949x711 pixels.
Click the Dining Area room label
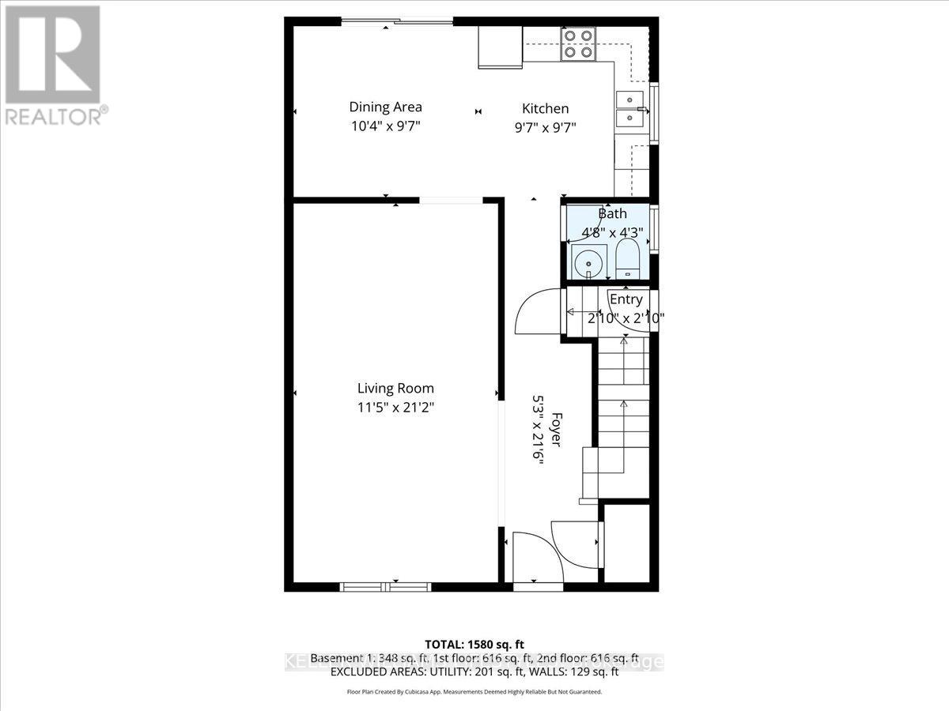tap(385, 107)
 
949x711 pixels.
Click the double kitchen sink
tap(630, 110)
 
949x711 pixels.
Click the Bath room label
tap(612, 213)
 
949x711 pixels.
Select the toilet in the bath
tap(627, 261)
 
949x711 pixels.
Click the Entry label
tap(626, 300)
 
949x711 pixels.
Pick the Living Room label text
tap(395, 389)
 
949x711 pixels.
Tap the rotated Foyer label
tap(556, 431)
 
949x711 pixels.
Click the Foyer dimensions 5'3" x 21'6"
tap(539, 431)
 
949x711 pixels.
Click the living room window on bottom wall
tap(385, 587)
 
